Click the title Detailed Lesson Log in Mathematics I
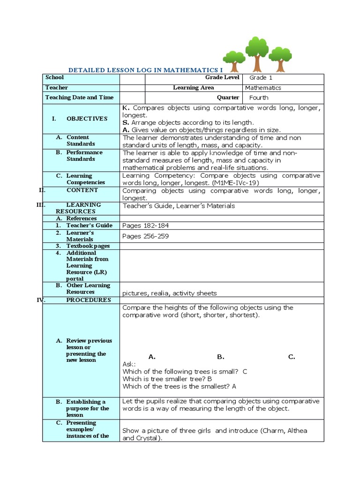point(143,69)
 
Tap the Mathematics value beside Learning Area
point(262,88)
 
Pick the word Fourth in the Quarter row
point(259,97)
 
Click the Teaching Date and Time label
point(79,97)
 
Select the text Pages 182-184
point(145,225)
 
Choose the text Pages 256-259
point(145,236)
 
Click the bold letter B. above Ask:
point(221,357)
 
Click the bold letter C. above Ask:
point(292,357)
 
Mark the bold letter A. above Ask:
point(152,357)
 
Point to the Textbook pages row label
point(88,246)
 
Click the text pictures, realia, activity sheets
point(170,293)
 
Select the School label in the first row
point(54,77)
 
